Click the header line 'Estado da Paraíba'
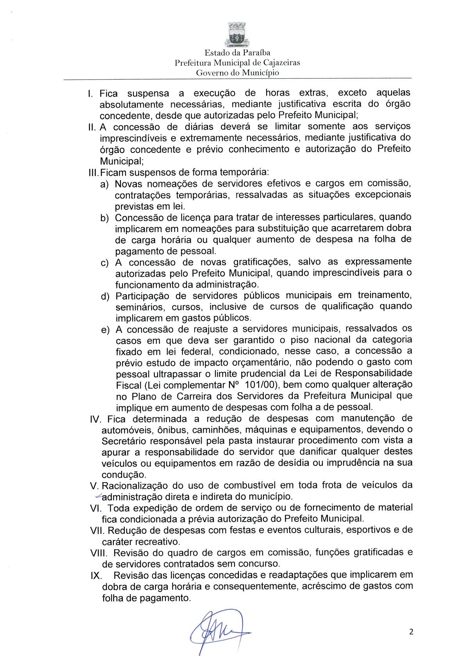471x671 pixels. [237, 53]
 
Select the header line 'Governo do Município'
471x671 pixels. [237, 73]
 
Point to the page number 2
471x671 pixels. [411, 632]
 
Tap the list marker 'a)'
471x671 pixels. [104, 184]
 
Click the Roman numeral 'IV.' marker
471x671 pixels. [96, 420]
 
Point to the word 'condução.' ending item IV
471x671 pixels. [118, 475]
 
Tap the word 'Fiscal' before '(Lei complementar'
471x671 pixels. [129, 385]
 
